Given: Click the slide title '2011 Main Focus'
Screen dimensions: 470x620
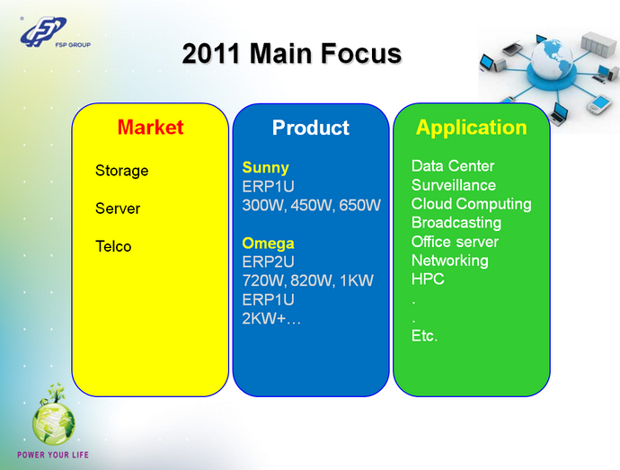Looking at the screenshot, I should (291, 54).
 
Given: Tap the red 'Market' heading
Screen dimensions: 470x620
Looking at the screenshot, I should (150, 128).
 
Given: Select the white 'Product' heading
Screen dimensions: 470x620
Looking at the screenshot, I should (310, 129).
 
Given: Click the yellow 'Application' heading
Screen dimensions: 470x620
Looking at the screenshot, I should (471, 128).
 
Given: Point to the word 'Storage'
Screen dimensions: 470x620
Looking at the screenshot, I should (121, 171).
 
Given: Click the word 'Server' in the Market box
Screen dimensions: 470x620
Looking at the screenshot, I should (118, 208).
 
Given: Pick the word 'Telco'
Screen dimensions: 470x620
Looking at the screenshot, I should (113, 246).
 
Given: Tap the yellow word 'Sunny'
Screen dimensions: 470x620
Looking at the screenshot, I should (265, 167).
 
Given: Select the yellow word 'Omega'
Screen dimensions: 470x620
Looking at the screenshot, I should (268, 243).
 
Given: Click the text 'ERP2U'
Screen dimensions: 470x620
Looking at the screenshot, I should (269, 262).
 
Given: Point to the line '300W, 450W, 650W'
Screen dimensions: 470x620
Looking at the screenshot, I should (312, 205).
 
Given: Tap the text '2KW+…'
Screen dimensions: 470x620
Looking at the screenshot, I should (272, 318).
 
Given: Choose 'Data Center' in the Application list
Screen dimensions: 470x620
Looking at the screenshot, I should (453, 166).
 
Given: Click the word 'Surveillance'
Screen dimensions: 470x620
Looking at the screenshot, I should (453, 185).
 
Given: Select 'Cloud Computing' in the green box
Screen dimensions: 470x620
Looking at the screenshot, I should (471, 204).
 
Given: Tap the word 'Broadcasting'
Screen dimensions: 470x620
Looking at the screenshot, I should (456, 223).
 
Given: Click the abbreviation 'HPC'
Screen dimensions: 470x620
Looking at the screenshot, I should (428, 279).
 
